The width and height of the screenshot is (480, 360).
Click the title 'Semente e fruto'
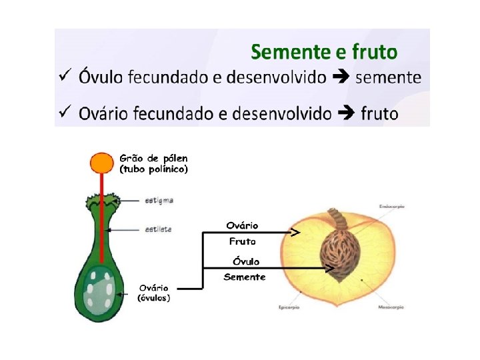323,51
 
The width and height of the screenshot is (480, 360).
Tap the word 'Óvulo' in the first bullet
101,77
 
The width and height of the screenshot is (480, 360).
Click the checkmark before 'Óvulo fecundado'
65,76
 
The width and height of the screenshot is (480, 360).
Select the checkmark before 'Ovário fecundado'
65,112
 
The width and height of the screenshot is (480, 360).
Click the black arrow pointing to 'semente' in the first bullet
340,77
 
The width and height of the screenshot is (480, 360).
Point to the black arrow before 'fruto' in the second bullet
347,113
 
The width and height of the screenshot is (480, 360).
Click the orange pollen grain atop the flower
102,161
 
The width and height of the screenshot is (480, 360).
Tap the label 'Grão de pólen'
153,159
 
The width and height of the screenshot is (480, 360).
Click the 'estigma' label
159,199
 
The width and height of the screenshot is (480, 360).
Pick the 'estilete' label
158,229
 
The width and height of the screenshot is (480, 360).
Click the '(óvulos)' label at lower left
153,298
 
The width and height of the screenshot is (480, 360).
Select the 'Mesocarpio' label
391,307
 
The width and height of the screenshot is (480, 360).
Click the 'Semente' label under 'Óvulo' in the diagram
244,277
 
